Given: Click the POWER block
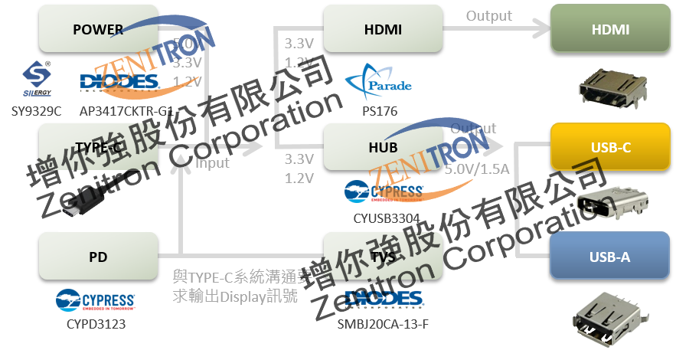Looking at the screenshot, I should click(x=98, y=29).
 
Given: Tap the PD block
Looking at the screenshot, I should click(x=98, y=257).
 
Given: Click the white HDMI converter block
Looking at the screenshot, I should click(x=383, y=29).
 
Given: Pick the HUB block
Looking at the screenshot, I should click(x=383, y=146).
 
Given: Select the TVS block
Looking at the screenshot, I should click(x=383, y=257).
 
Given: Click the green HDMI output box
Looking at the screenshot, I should click(x=610, y=29).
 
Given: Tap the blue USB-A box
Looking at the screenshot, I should click(x=610, y=257).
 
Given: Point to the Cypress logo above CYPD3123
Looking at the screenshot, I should click(x=96, y=299).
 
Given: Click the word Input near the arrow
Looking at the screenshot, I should click(x=212, y=162).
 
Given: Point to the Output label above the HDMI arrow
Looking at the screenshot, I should click(x=488, y=15).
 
